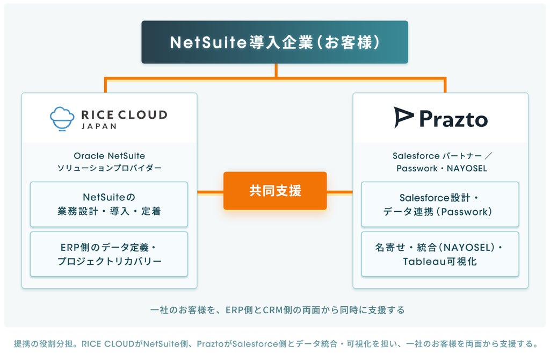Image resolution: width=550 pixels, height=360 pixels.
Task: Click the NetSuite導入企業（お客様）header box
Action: pyautogui.click(x=274, y=42)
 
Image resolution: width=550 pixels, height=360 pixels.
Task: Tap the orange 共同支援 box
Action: pyautogui.click(x=275, y=191)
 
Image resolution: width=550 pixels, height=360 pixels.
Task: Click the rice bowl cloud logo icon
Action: pyautogui.click(x=62, y=119)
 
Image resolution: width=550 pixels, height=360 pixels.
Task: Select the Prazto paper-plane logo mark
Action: pyautogui.click(x=403, y=117)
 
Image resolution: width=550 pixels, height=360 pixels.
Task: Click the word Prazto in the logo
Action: pyautogui.click(x=453, y=119)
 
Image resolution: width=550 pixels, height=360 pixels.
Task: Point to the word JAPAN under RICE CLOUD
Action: pyautogui.click(x=99, y=126)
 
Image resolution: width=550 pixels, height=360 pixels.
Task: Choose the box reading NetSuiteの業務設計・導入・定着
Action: pyautogui.click(x=109, y=204)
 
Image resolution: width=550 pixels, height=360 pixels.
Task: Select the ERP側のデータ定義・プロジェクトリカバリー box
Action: pyautogui.click(x=109, y=254)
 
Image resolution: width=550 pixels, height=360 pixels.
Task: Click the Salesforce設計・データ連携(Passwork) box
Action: pyautogui.click(x=440, y=204)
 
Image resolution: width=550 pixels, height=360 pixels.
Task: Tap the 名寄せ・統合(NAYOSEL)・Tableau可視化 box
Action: pyautogui.click(x=440, y=254)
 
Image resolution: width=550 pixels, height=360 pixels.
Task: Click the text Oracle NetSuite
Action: pyautogui.click(x=110, y=156)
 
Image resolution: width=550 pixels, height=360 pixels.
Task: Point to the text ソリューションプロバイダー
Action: pyautogui.click(x=110, y=168)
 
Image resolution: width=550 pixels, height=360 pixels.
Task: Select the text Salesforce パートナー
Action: pyautogui.click(x=437, y=156)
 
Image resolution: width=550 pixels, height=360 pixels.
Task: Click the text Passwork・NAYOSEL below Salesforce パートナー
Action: pyautogui.click(x=442, y=168)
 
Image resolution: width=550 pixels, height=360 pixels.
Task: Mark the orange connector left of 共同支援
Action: pyautogui.click(x=211, y=192)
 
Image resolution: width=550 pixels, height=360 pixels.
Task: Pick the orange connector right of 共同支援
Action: pyautogui.click(x=339, y=192)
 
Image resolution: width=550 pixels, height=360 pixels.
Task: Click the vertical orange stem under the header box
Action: pyautogui.click(x=276, y=70)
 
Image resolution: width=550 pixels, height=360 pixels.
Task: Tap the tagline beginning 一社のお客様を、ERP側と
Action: pyautogui.click(x=278, y=310)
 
